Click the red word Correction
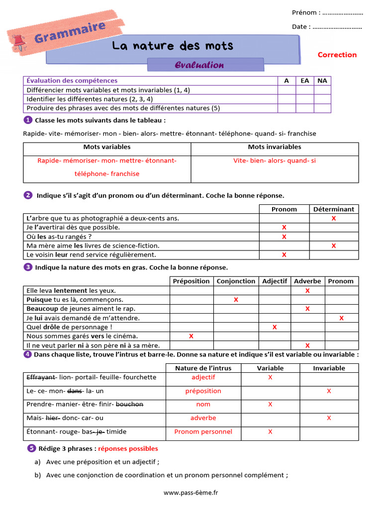coord(337,55)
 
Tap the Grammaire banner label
coord(70,32)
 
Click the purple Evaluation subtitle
coord(199,65)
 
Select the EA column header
coord(304,81)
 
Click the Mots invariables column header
coord(275,147)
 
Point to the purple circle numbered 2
coord(28,195)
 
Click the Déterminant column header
coord(333,209)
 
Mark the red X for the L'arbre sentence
coord(333,218)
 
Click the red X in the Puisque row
coord(236,300)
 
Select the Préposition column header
coord(191,281)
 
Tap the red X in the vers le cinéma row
coord(191,337)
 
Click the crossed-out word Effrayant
coord(41,377)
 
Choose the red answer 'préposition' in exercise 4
coord(203,391)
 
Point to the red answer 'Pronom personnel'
coord(203,431)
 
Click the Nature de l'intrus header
coord(203,368)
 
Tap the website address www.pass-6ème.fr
coord(191,493)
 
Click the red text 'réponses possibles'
coord(128,449)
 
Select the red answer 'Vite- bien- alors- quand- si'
coord(275,161)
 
